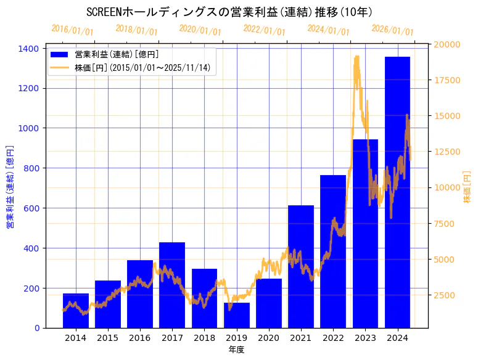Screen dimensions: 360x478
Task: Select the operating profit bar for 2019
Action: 236,315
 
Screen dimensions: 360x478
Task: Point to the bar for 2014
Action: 76,311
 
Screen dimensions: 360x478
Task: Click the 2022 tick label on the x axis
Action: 333,338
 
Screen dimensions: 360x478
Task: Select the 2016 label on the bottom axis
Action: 140,338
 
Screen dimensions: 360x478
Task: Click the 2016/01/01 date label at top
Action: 72,30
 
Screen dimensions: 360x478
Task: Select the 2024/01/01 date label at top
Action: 328,30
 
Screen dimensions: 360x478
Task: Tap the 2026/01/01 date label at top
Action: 392,30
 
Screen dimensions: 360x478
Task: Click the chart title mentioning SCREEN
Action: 229,12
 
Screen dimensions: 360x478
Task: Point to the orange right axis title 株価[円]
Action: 468,187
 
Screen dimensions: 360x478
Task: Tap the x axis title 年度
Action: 236,350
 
